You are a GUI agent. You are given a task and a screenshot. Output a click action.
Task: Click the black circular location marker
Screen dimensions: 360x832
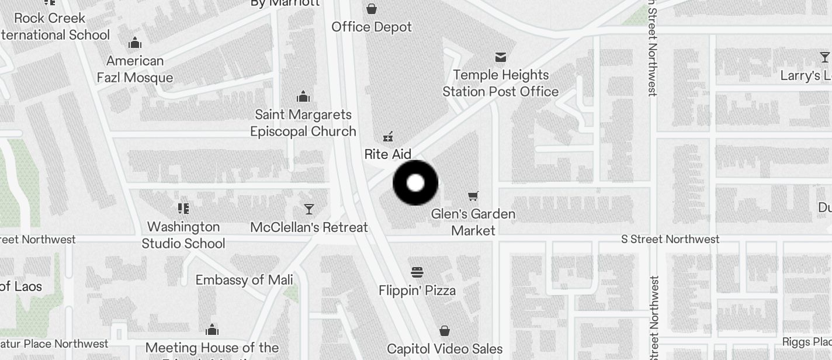click(x=415, y=183)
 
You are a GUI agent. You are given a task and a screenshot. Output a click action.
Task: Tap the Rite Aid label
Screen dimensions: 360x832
click(x=388, y=154)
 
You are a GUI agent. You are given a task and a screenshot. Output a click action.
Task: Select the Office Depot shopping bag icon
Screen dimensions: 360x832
click(x=372, y=9)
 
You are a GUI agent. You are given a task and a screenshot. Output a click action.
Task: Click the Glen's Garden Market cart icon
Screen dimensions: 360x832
click(x=473, y=196)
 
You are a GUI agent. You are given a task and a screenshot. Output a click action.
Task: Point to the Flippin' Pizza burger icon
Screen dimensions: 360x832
click(x=417, y=272)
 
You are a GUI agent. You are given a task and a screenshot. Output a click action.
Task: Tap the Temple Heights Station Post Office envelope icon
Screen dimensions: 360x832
click(x=501, y=57)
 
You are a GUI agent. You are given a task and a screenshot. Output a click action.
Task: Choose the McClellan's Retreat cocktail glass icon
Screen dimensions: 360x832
click(x=309, y=209)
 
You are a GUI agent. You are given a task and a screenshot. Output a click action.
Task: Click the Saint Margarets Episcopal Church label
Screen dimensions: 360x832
click(x=303, y=123)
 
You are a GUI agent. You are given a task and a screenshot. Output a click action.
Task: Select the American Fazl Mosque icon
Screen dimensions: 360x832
click(x=135, y=43)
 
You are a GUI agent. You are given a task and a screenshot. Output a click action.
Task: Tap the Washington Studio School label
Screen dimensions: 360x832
click(x=183, y=235)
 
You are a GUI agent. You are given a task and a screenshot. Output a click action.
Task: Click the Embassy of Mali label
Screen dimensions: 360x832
click(x=244, y=280)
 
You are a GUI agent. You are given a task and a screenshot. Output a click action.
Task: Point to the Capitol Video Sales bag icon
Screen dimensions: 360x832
click(x=445, y=331)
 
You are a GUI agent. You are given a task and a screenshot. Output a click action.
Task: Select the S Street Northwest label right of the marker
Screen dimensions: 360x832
click(x=670, y=239)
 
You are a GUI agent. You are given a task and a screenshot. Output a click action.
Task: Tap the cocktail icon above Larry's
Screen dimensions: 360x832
click(x=824, y=57)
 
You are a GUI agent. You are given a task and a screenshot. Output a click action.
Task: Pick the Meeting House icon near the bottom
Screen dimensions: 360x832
click(x=212, y=330)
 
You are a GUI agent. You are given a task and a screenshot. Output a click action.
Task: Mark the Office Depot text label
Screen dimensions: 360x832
click(x=372, y=27)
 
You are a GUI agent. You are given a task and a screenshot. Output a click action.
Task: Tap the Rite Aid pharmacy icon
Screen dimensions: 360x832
click(x=387, y=137)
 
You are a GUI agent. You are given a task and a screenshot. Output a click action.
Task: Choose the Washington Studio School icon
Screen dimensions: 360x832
click(x=183, y=209)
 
